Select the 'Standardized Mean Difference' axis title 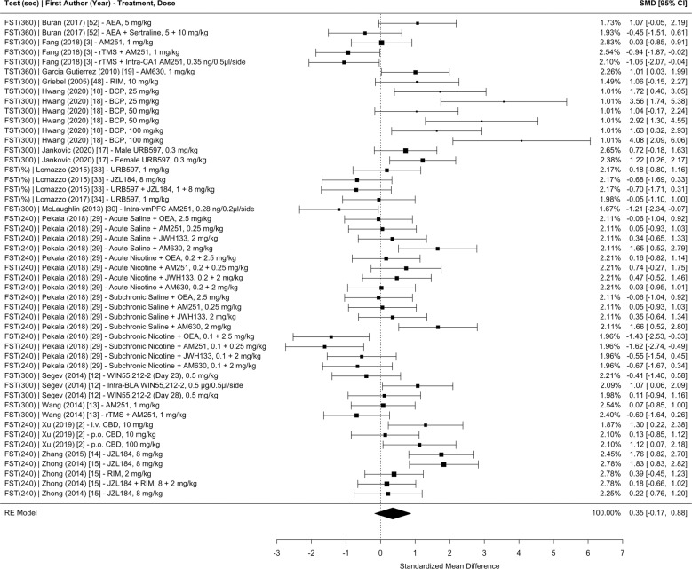[434, 561]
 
